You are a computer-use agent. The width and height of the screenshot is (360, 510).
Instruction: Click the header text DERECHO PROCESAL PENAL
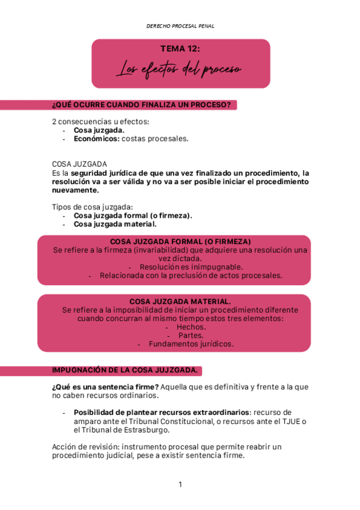click(180, 26)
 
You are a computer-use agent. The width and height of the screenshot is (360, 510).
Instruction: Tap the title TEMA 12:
click(180, 49)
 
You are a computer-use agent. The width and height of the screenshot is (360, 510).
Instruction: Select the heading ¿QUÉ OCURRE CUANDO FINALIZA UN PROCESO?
click(142, 105)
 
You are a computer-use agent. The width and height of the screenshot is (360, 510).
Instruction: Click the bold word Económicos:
click(96, 138)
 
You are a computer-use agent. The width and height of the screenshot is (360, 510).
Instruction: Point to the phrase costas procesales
click(155, 138)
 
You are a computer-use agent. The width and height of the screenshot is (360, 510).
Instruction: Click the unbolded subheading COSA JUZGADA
click(80, 164)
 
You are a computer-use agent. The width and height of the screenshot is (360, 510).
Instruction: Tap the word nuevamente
click(76, 190)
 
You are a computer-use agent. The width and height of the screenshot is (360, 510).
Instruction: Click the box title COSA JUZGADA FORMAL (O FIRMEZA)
click(180, 241)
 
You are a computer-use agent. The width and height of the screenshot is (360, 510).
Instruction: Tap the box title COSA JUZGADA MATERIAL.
click(180, 301)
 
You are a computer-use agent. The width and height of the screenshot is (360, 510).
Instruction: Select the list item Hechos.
click(191, 327)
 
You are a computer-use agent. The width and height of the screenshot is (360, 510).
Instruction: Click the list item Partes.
click(191, 336)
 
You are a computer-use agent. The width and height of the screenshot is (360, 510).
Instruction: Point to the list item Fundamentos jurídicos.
click(191, 345)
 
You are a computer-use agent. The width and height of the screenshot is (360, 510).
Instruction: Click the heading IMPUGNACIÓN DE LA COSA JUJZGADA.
click(125, 369)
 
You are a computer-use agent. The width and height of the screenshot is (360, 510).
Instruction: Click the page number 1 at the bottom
click(180, 484)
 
